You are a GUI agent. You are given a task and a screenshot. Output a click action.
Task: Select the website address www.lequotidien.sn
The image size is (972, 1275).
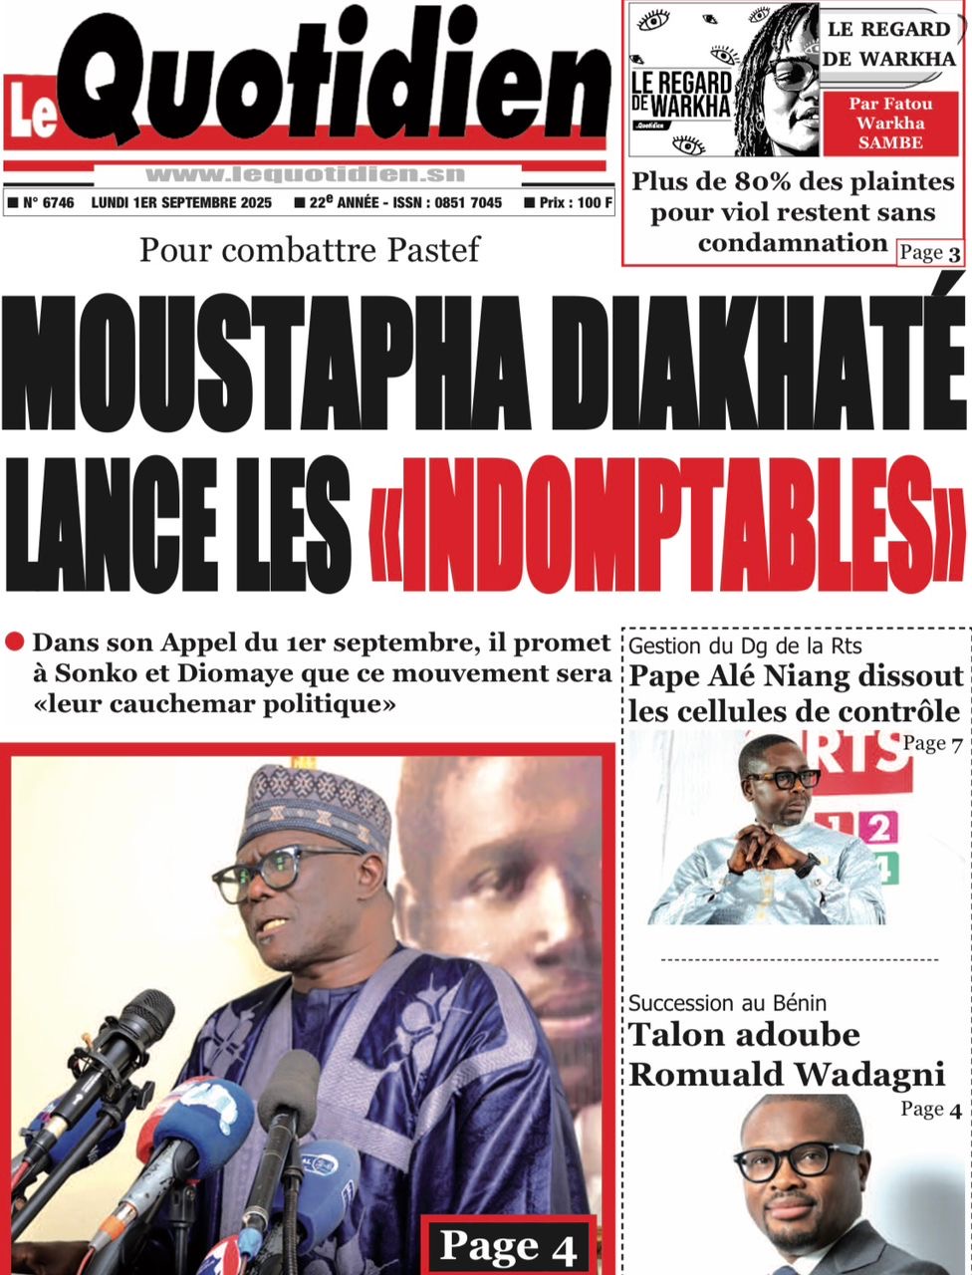[305, 174]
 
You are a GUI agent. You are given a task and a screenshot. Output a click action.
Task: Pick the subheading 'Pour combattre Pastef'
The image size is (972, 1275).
[309, 249]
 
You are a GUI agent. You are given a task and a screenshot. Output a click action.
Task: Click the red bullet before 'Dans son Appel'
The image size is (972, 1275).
[15, 642]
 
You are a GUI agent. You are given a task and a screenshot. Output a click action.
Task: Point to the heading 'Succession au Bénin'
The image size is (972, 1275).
[727, 1003]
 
